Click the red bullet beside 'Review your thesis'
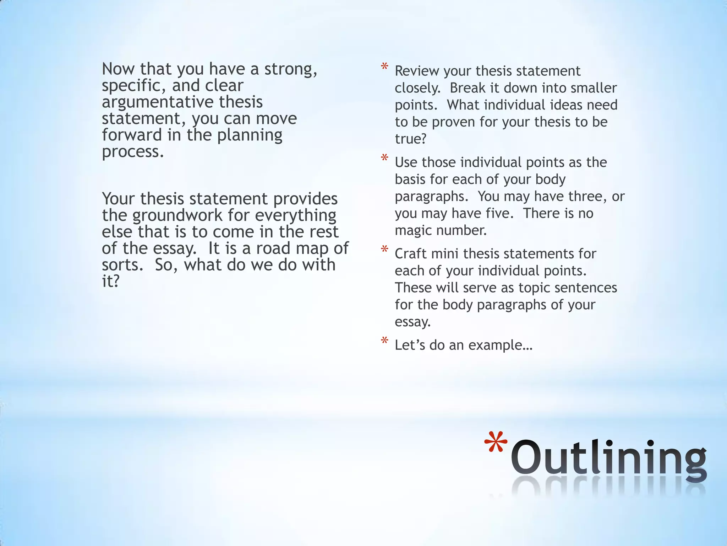[384, 67]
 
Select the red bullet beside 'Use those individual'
[384, 158]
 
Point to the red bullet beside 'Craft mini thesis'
[384, 250]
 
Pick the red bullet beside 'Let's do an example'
[384, 341]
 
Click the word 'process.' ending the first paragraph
[133, 152]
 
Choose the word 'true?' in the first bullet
[410, 139]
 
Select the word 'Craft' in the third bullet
[410, 254]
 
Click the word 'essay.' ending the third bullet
[412, 322]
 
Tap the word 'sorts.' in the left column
[122, 265]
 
